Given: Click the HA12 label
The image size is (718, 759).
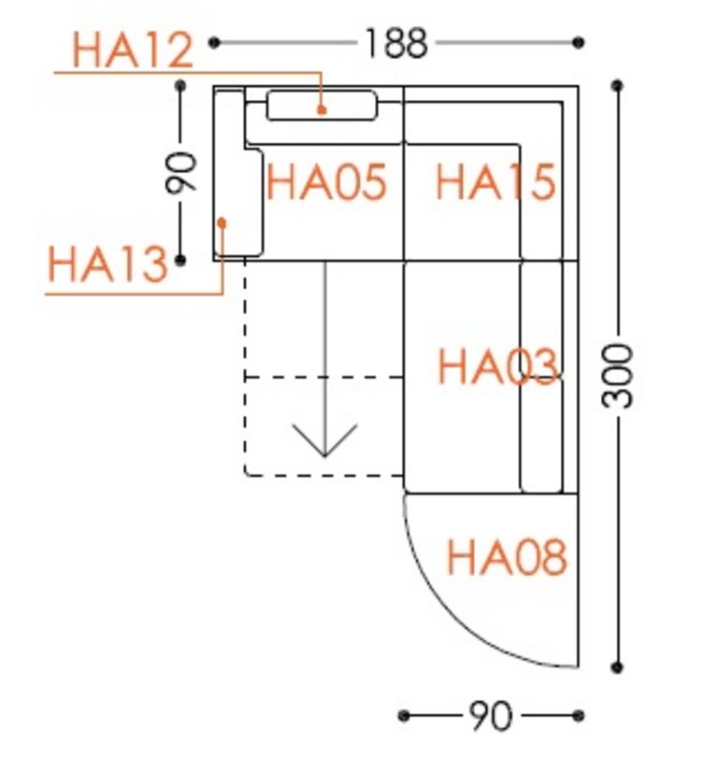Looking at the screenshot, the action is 133,50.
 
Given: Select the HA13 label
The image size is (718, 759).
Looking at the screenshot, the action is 108,265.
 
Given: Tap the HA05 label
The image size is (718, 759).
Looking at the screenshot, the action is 327,182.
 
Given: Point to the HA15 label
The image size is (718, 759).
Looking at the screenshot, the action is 495,182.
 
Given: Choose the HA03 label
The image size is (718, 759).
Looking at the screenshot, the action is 497,366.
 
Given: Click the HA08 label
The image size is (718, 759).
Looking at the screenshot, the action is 507,558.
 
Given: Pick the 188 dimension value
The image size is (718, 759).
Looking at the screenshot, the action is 396,43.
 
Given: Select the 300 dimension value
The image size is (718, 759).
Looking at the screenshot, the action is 617,376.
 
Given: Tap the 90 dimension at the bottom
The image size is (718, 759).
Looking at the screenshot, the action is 490,715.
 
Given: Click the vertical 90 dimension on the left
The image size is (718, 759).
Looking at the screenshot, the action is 181,172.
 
